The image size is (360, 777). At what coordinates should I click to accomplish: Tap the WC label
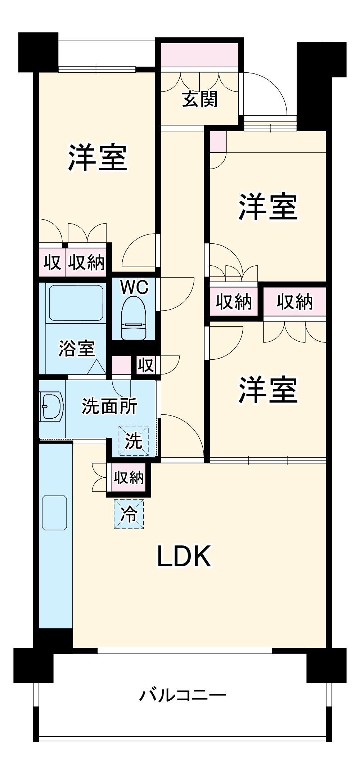[x=134, y=287]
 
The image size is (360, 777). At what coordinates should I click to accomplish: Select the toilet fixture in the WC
[x=134, y=319]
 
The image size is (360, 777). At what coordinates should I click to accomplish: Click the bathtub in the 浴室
[x=76, y=303]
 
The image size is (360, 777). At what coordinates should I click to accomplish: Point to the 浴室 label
[x=76, y=349]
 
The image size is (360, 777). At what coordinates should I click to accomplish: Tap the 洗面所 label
[x=109, y=406]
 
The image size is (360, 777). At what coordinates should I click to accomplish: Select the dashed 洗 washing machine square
[x=134, y=441]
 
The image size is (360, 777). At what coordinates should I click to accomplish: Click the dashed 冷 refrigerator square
[x=129, y=514]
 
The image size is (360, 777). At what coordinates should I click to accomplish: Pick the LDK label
[x=184, y=556]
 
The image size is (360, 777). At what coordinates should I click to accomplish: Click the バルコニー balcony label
[x=183, y=696]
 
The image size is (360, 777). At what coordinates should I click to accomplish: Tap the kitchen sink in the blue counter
[x=54, y=513]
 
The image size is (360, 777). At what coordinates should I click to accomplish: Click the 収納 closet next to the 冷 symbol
[x=129, y=477]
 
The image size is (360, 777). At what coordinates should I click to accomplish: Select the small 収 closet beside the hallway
[x=145, y=365]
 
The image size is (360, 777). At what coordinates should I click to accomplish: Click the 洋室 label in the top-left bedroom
[x=98, y=157]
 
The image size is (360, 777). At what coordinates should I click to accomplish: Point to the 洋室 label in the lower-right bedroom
[x=268, y=390]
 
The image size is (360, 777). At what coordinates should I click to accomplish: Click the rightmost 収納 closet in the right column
[x=294, y=301]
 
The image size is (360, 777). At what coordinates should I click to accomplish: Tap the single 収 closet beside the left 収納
[x=52, y=262]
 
